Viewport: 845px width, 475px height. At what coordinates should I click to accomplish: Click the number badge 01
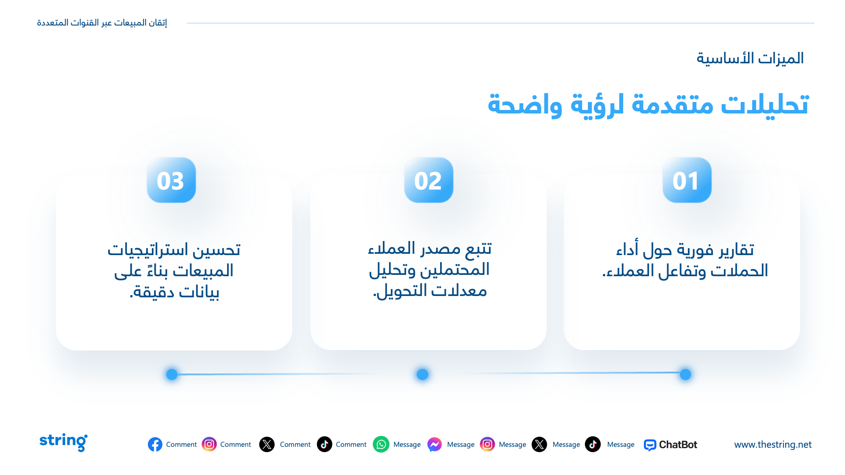coord(687,180)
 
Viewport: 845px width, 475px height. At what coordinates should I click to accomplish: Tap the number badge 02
coord(429,180)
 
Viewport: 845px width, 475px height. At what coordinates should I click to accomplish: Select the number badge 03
coord(171,180)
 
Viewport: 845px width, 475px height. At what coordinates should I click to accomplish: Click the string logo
coord(63,442)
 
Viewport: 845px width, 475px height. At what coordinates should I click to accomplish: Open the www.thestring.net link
coord(773,445)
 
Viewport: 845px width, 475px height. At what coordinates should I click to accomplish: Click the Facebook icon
coord(155,445)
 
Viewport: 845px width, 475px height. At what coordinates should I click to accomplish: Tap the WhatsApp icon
coord(381,445)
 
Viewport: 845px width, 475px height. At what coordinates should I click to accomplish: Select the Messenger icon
coord(434,445)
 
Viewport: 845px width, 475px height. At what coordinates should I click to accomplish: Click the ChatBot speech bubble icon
coord(650,445)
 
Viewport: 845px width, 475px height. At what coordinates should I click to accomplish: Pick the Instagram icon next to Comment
coord(209,445)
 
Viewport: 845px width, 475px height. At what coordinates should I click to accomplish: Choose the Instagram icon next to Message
coord(487,445)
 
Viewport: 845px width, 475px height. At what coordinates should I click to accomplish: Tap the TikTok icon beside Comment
coord(324,445)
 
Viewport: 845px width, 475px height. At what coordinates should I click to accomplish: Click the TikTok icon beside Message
coord(593,445)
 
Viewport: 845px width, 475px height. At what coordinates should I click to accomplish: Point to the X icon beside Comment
coord(267,445)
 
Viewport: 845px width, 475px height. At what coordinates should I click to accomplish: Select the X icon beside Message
coord(539,445)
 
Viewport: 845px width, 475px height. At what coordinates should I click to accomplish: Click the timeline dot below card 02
coord(422,374)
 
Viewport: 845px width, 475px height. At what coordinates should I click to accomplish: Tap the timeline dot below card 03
coord(172,374)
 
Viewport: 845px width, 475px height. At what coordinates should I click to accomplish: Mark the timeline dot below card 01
coord(685,374)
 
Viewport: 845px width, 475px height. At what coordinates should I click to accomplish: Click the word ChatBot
coord(678,445)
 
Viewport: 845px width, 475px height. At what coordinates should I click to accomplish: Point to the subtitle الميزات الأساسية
coord(750,58)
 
